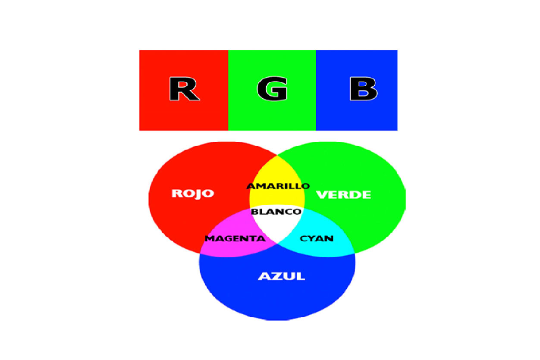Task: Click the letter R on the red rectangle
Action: click(x=184, y=89)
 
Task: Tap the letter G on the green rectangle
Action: click(x=272, y=90)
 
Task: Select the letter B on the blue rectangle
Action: click(x=363, y=89)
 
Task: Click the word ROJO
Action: click(x=193, y=194)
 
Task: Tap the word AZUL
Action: click(x=281, y=276)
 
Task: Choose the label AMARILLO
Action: click(x=278, y=186)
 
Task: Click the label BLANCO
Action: click(x=276, y=211)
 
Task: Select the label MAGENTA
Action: click(x=235, y=238)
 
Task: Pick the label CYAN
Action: click(x=317, y=238)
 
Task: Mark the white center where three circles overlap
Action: click(x=276, y=226)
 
